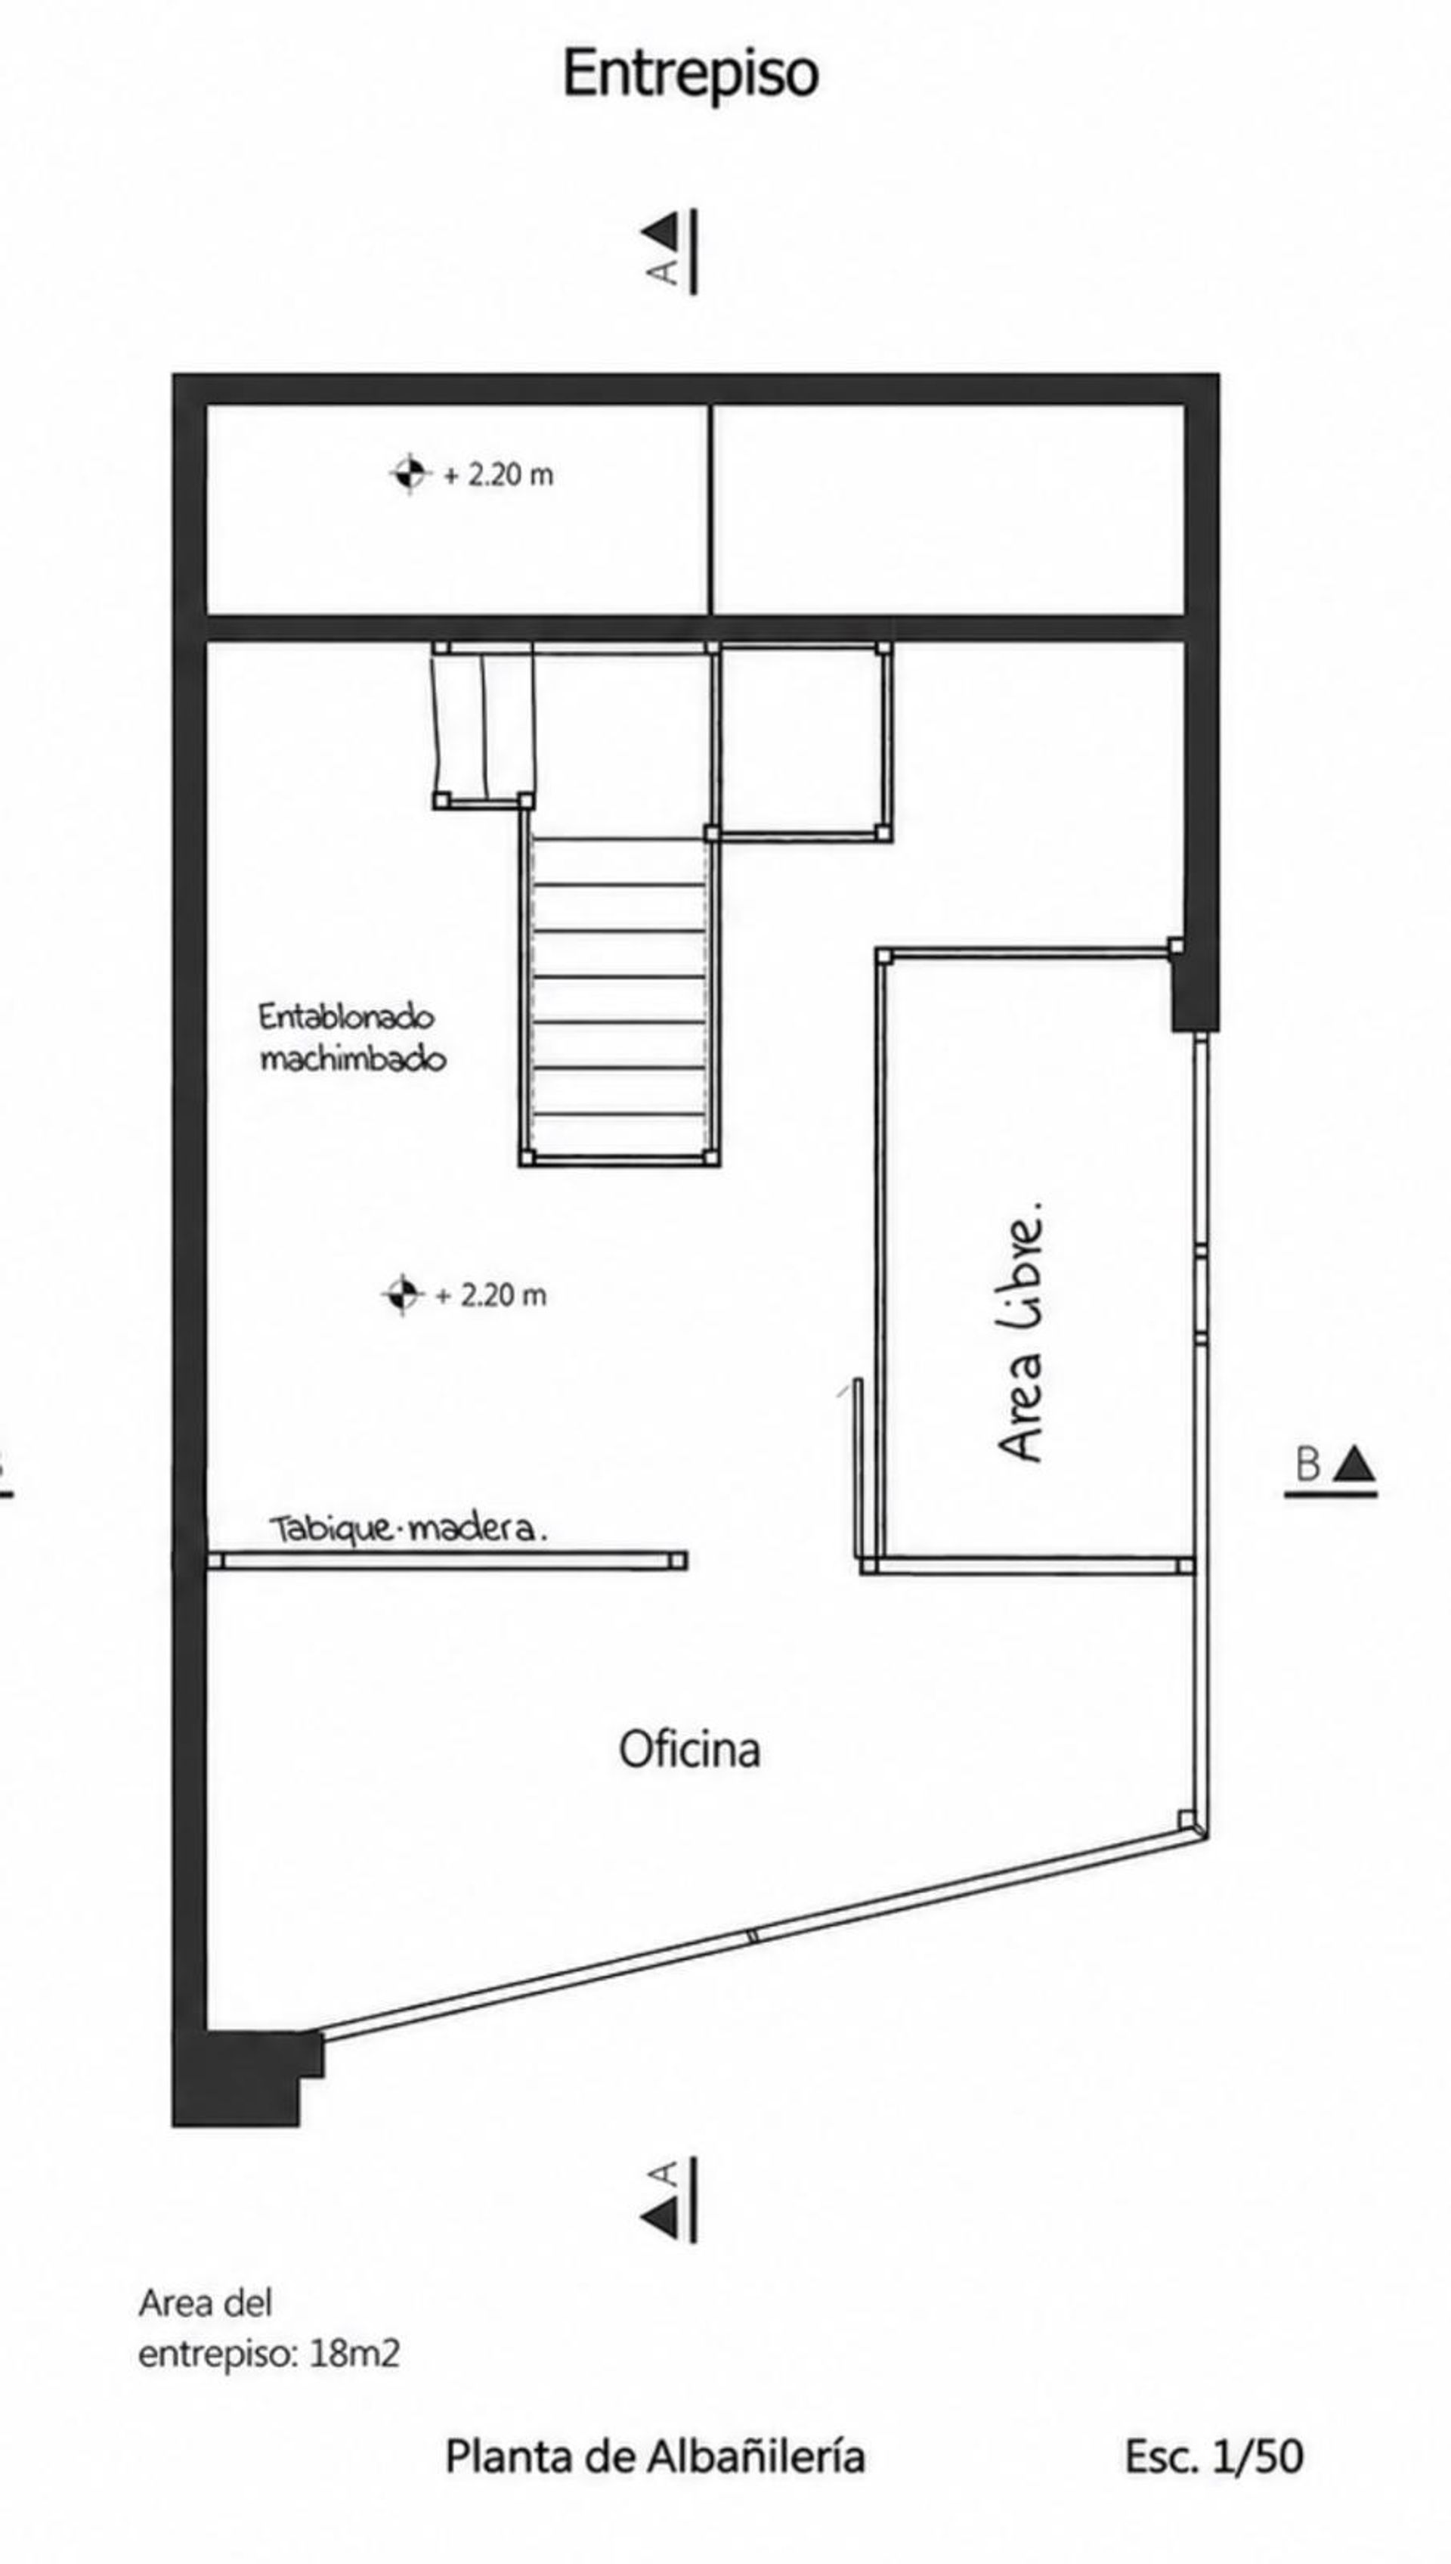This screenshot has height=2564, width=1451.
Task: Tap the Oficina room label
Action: [x=690, y=1750]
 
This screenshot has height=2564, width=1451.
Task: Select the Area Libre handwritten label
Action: [x=1020, y=1332]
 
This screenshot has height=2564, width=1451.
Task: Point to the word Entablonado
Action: [x=346, y=1017]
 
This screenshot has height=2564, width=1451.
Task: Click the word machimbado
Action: [x=353, y=1059]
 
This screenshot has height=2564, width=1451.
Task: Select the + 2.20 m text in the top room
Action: [x=498, y=475]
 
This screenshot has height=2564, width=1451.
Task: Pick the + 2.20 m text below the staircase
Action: [x=491, y=1295]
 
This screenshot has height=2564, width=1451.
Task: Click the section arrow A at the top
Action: [x=670, y=251]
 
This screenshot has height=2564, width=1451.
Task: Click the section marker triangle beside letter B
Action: [x=1355, y=1465]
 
